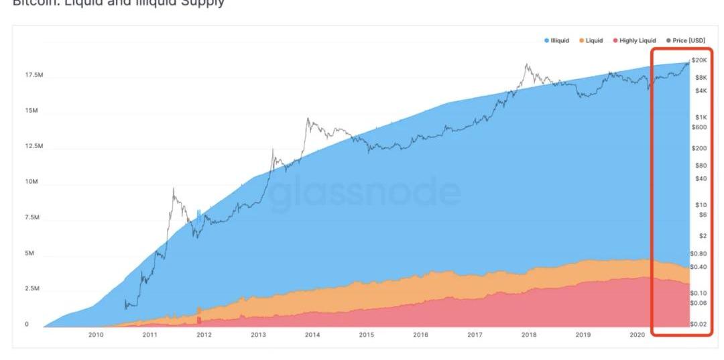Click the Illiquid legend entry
point(559,41)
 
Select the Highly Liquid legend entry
point(638,41)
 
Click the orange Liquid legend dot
point(582,41)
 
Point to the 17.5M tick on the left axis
point(34,75)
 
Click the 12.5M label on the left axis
point(34,146)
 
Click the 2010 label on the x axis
point(95,335)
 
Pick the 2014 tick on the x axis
point(312,335)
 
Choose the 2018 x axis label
point(528,335)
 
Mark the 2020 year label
point(637,335)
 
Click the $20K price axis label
point(699,60)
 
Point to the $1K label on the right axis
point(700,117)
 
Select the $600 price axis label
point(699,127)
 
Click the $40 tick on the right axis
point(700,178)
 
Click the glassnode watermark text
point(366,192)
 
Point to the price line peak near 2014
point(307,119)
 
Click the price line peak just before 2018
point(527,64)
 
